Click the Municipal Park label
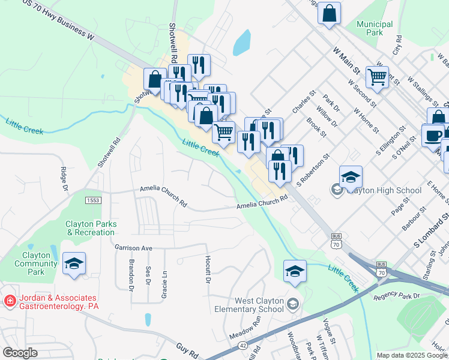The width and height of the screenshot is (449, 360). pyautogui.click(x=374, y=28)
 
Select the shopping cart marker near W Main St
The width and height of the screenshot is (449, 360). pyautogui.click(x=377, y=76)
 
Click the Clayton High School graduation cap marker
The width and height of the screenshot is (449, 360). pyautogui.click(x=351, y=177)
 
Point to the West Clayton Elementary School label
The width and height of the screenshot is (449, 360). pyautogui.click(x=250, y=305)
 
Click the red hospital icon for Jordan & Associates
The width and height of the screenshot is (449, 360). pyautogui.click(x=9, y=301)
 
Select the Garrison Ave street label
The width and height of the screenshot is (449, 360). pyautogui.click(x=134, y=247)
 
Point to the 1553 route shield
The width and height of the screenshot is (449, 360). pyautogui.click(x=93, y=200)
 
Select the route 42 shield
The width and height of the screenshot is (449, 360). pyautogui.click(x=241, y=344)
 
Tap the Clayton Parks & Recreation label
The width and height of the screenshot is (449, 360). pyautogui.click(x=91, y=228)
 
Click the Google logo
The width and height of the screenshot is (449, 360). pyautogui.click(x=20, y=353)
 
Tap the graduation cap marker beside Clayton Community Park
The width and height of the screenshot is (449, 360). pyautogui.click(x=74, y=263)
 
